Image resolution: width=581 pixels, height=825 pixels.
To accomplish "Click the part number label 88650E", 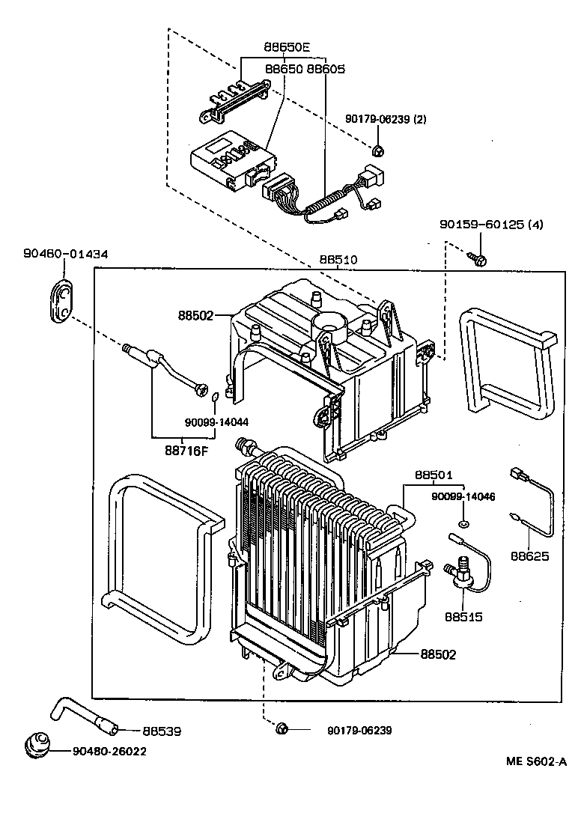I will pos(286,46).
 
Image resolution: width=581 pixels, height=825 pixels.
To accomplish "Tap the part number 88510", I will pos(339,260).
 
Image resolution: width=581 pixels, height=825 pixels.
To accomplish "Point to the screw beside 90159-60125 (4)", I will pos(480,259).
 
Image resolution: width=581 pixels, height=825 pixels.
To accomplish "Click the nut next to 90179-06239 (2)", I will pos(380,150).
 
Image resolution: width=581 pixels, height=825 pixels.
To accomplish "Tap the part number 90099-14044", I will pos(216,423).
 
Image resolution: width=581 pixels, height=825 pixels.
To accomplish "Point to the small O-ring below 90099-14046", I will pos(465,521).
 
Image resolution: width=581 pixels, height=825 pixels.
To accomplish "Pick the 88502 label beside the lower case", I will pos(437,654).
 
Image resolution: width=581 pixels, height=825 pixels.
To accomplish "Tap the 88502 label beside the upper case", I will pos(196,316).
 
